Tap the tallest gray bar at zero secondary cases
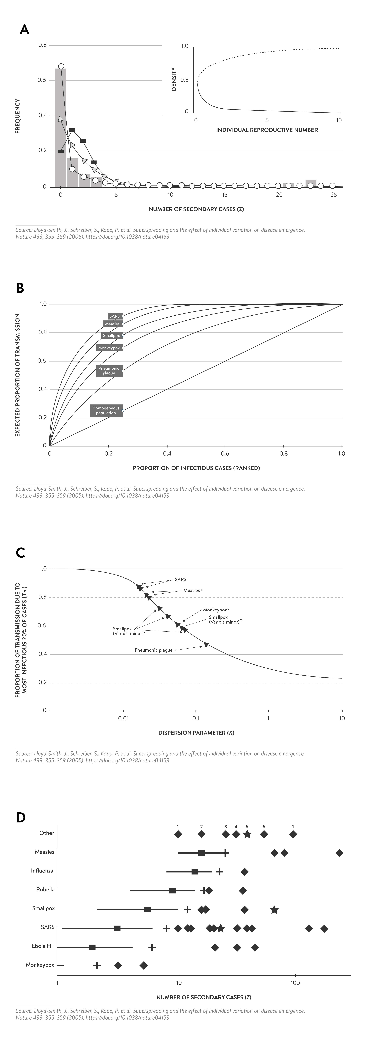coord(61,127)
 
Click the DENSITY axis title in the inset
coord(174,79)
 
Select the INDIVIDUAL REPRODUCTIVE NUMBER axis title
coord(267,130)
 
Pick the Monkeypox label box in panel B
coord(109,348)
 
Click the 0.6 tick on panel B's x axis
coord(225,454)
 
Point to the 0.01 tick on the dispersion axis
coord(123,719)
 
